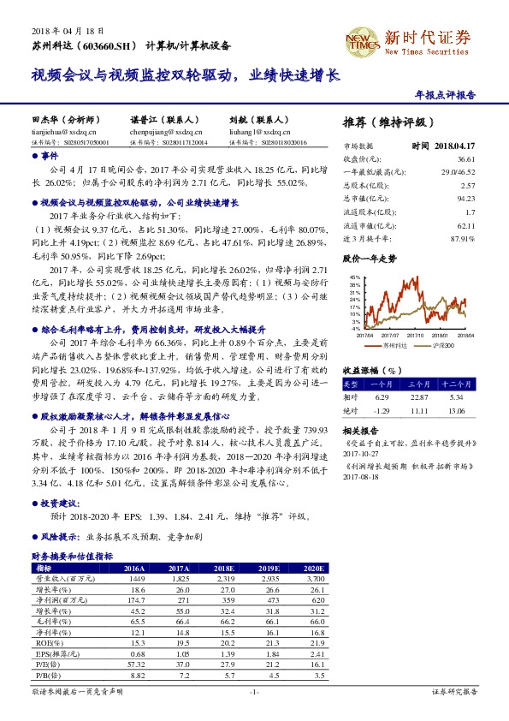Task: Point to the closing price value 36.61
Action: click(465, 159)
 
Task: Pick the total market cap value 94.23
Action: click(465, 198)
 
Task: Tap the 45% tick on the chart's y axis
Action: click(354, 278)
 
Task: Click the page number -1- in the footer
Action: click(254, 691)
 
